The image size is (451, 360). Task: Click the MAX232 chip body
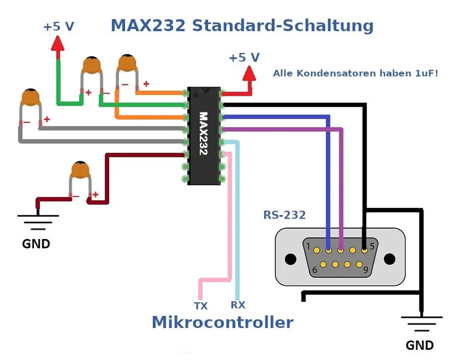(x=204, y=135)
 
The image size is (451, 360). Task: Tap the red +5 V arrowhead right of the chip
(x=249, y=73)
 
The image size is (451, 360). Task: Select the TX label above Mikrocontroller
(x=201, y=306)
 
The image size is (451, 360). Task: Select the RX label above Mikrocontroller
(x=238, y=305)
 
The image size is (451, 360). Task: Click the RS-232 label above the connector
(x=285, y=215)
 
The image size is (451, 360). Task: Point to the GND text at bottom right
(x=419, y=345)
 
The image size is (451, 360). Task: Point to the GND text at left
(x=36, y=244)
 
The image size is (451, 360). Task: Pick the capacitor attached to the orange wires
(x=128, y=63)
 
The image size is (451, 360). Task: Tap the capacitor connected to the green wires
(x=92, y=66)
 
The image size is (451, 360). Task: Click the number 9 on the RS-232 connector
(x=365, y=270)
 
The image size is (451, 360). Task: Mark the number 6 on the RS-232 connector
(x=315, y=270)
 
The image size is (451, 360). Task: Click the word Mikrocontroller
(x=222, y=322)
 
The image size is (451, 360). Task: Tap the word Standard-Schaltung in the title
(x=283, y=25)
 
